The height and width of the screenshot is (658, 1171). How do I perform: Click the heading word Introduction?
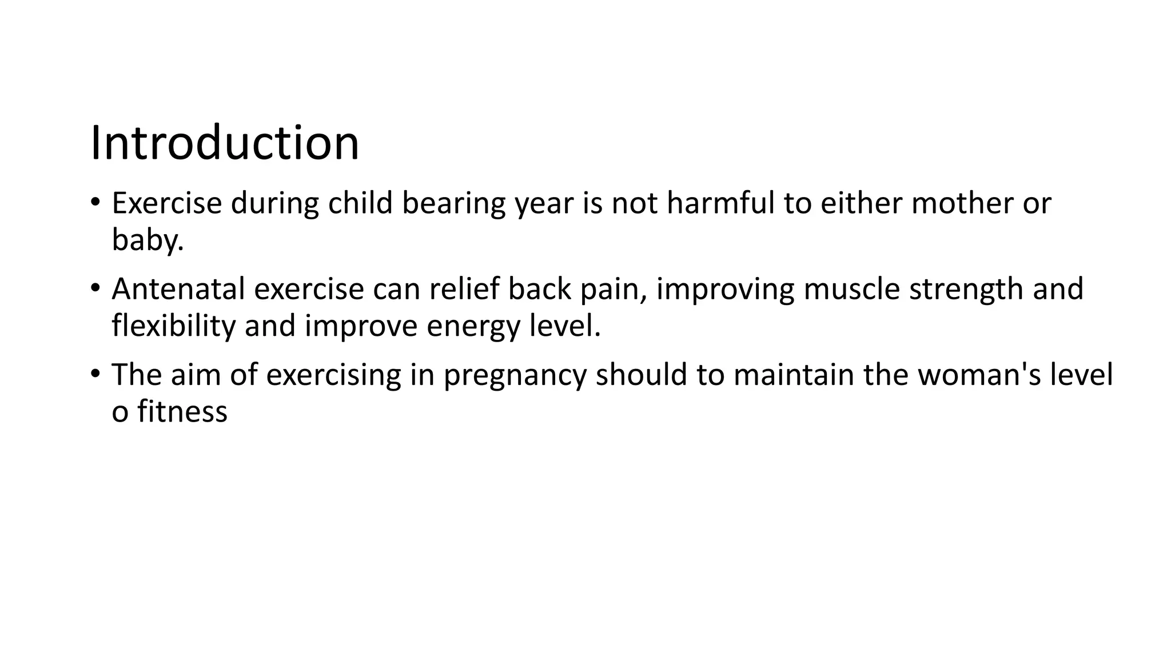(225, 143)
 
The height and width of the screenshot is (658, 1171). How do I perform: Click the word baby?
(147, 239)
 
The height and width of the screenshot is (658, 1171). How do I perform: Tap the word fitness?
(182, 411)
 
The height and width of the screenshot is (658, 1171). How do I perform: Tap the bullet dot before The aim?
(95, 374)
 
